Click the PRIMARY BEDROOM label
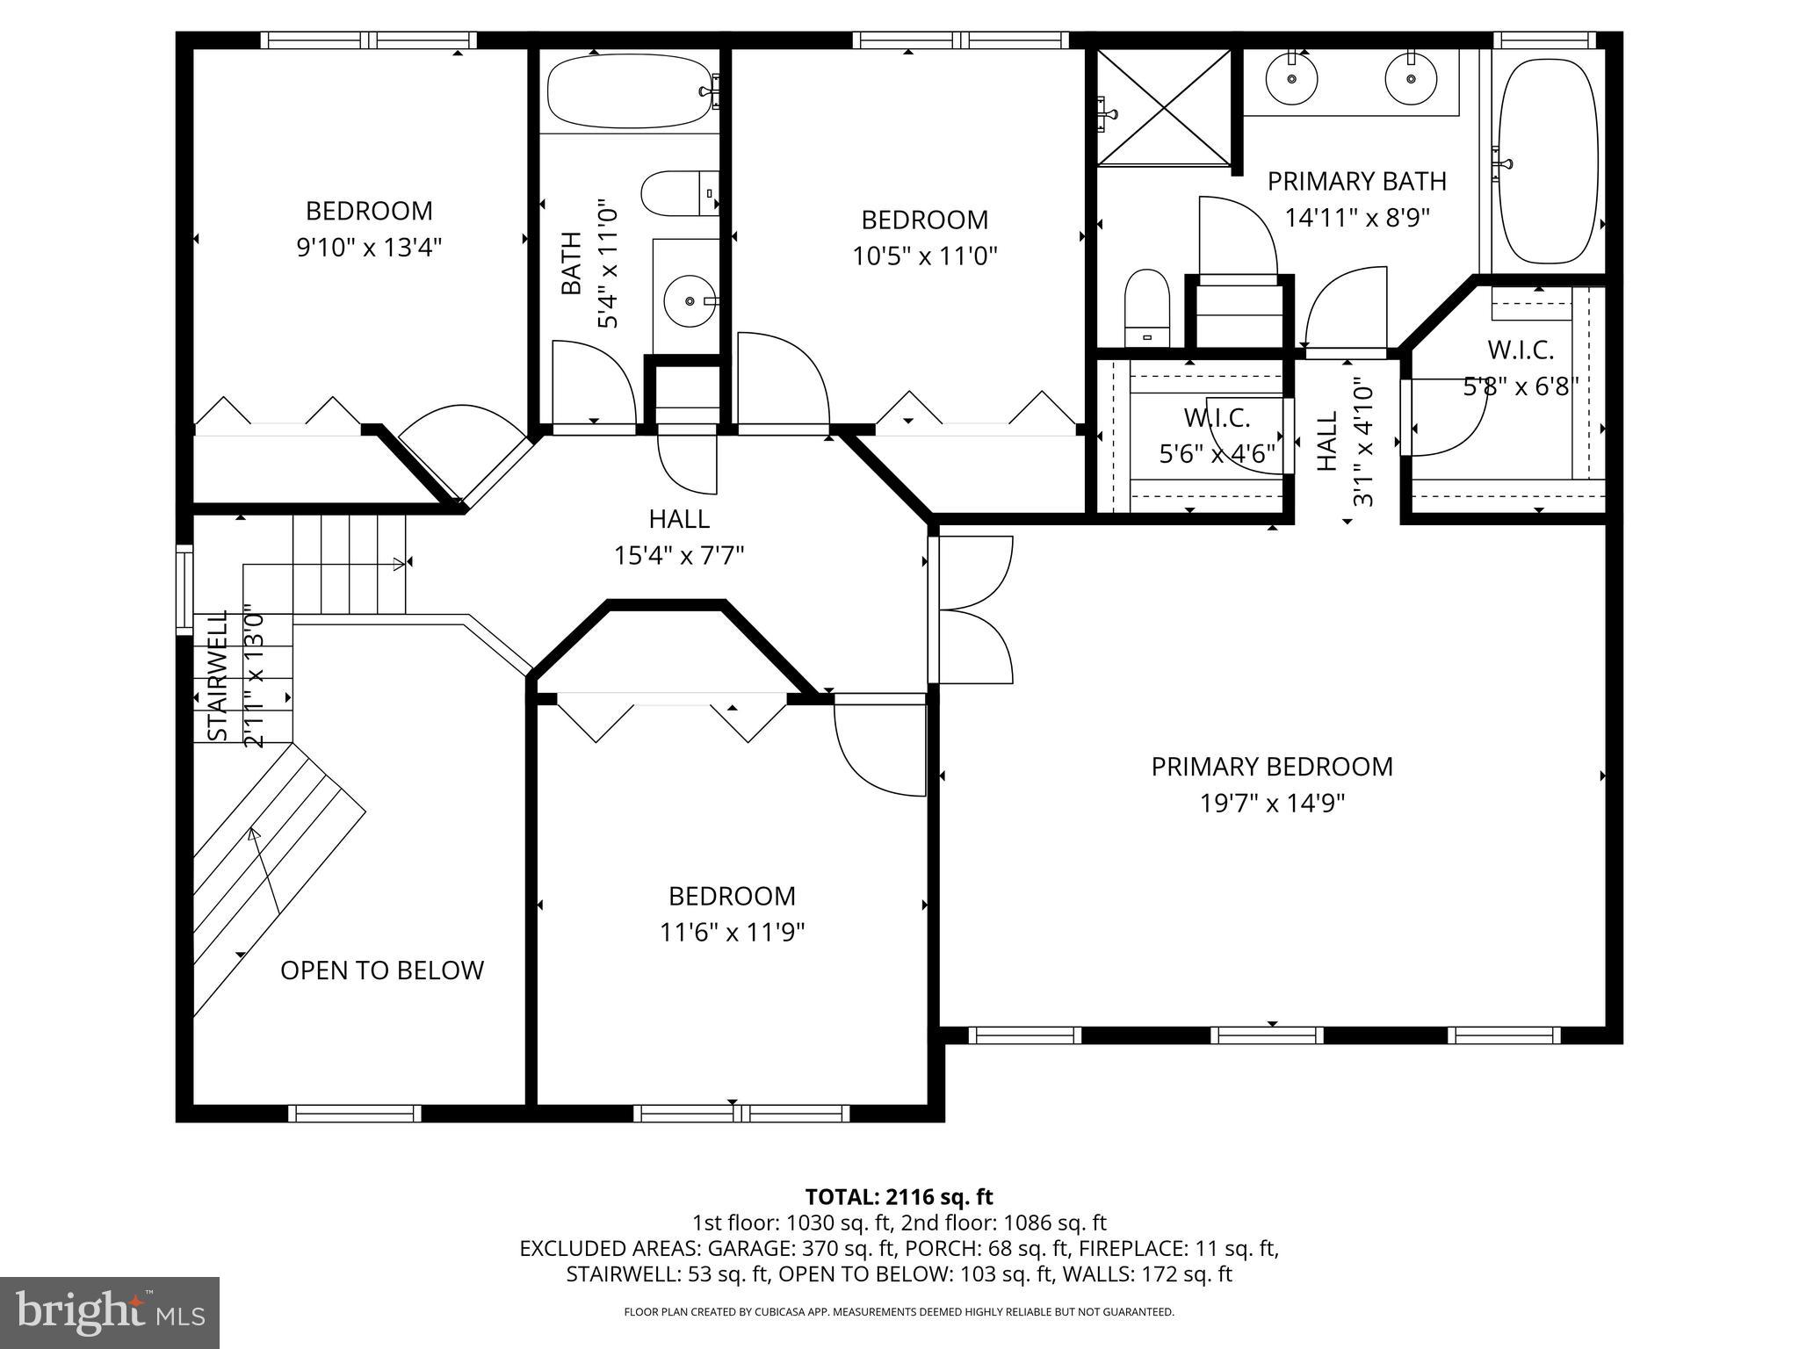(1271, 767)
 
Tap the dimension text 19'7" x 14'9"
(1272, 804)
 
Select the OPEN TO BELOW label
(382, 970)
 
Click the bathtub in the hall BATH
(629, 91)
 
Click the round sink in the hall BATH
(689, 301)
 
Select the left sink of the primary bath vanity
(1292, 78)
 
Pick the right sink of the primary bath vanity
(1411, 78)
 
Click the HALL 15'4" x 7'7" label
(679, 537)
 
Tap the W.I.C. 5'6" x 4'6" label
(1217, 436)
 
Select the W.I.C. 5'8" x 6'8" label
(1521, 368)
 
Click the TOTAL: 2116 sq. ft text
(899, 1196)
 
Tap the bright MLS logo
(110, 1312)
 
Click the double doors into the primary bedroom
(971, 610)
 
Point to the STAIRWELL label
(216, 674)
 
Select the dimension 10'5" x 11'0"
(924, 256)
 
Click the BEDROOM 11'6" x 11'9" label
(732, 913)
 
